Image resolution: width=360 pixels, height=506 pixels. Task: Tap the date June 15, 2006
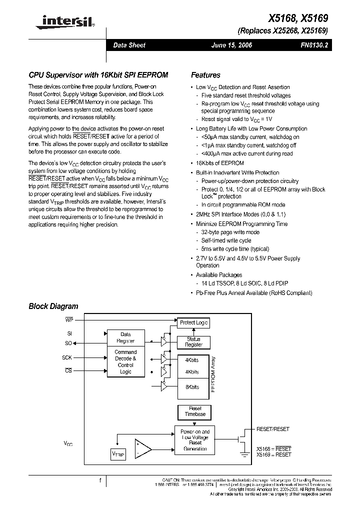[232, 45]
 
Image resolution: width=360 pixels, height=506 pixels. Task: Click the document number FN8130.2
[314, 45]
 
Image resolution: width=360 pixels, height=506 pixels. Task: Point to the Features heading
[205, 75]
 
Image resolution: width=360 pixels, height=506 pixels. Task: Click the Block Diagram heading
[53, 306]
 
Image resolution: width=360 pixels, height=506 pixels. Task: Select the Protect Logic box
[193, 322]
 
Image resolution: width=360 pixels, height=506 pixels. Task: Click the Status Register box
[193, 341]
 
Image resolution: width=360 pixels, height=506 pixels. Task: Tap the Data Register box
[125, 337]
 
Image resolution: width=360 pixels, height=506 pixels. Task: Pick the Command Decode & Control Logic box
[125, 361]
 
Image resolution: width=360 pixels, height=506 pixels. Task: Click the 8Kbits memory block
[192, 387]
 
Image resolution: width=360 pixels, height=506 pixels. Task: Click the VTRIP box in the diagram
[118, 454]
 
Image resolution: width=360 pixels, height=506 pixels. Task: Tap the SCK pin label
[67, 357]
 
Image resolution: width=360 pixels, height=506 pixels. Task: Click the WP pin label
[69, 318]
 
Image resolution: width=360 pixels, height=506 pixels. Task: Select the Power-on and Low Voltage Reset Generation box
[195, 439]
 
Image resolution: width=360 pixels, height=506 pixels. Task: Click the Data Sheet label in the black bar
[129, 45]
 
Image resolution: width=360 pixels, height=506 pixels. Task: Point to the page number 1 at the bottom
[101, 480]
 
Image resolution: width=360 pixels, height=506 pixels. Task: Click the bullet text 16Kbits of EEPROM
[219, 163]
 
